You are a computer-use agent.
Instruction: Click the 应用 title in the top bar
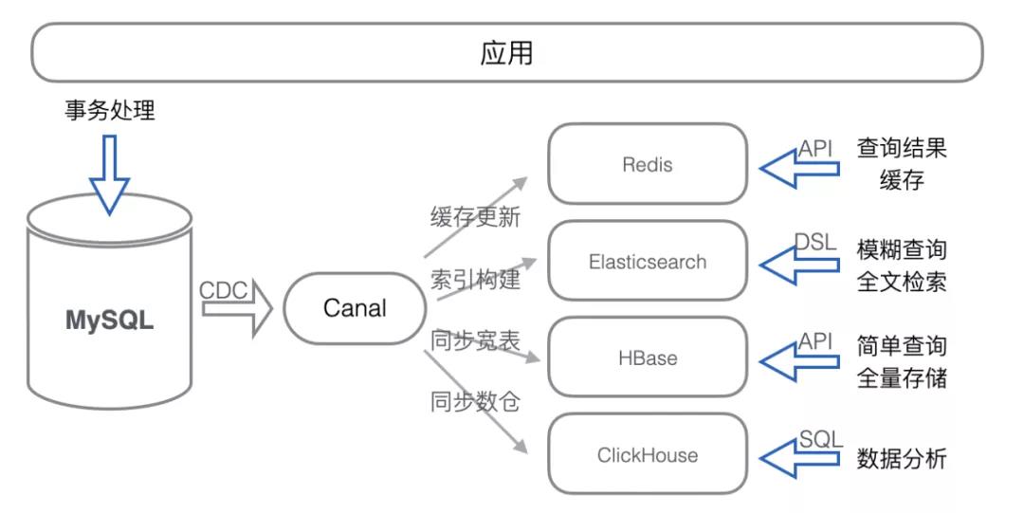[506, 53]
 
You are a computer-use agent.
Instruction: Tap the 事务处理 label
[110, 110]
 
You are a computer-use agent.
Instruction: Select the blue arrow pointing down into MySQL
[110, 174]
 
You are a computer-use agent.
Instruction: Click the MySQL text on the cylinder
[110, 321]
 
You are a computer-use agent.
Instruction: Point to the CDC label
[224, 290]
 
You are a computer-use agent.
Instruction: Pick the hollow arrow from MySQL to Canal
[237, 308]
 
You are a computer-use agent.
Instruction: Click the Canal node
[355, 308]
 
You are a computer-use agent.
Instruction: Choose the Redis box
[648, 164]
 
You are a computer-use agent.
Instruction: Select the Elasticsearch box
[648, 261]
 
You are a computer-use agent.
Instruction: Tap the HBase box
[648, 357]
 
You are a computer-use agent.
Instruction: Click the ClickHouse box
[648, 454]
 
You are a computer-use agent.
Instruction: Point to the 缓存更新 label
[475, 216]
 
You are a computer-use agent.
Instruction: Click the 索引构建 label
[475, 279]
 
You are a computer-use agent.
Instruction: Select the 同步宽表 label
[475, 339]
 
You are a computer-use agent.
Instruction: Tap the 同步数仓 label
[475, 400]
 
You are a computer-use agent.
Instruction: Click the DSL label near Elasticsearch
[815, 243]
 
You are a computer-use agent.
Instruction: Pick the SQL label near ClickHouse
[821, 438]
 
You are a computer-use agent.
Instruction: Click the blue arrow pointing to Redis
[799, 169]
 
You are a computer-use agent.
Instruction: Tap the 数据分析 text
[902, 458]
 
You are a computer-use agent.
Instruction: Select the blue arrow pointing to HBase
[799, 361]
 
